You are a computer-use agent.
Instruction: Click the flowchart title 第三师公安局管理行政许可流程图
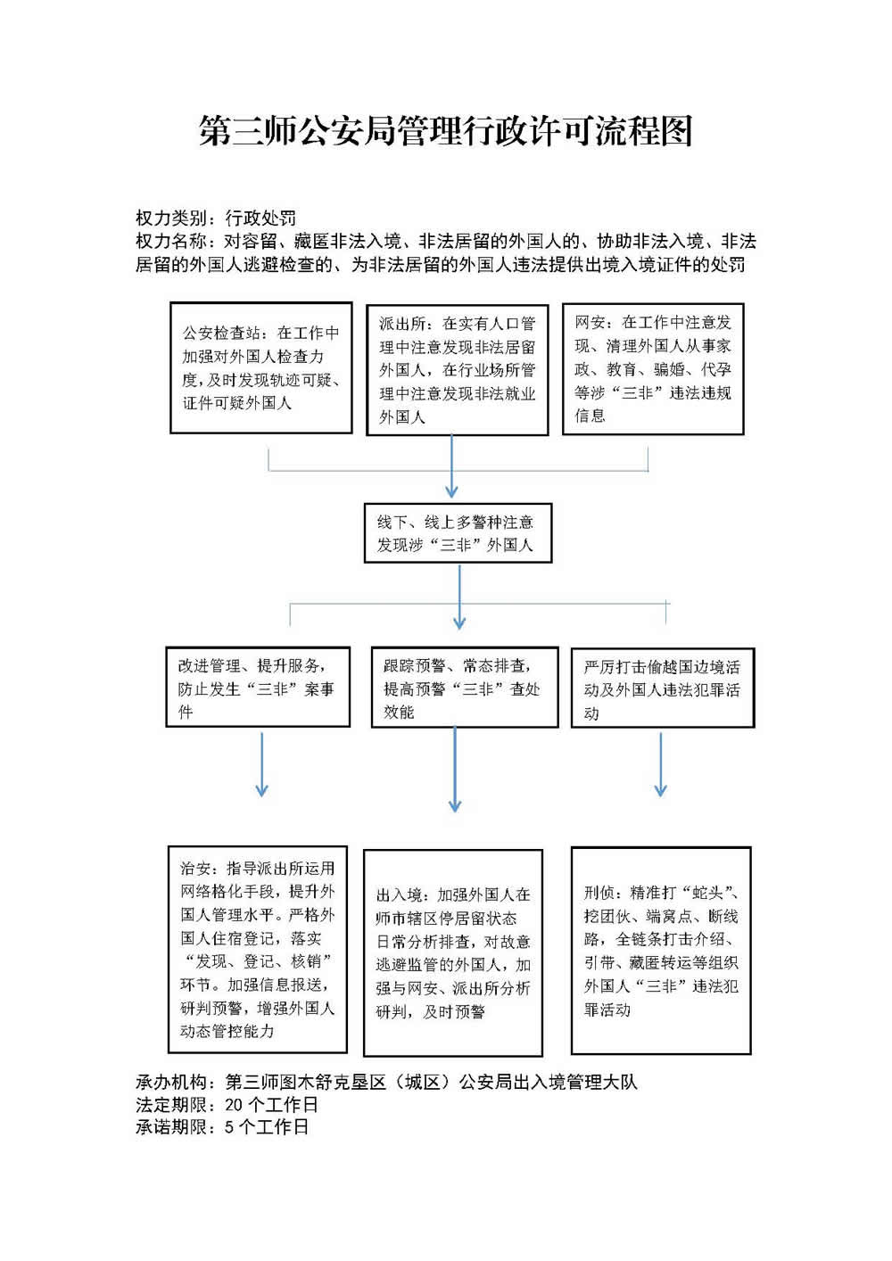click(x=445, y=131)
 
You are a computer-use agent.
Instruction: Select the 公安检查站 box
click(x=260, y=367)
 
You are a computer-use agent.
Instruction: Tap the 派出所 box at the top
click(x=457, y=369)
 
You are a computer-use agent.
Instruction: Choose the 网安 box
click(x=652, y=368)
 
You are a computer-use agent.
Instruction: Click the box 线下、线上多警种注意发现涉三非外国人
click(x=458, y=533)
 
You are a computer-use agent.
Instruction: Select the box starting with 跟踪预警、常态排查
click(x=464, y=688)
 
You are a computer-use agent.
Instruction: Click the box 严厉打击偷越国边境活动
click(x=662, y=688)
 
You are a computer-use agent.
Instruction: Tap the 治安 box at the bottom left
click(x=257, y=949)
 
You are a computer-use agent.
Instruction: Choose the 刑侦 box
click(x=661, y=951)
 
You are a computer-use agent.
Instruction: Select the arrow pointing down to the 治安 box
click(x=261, y=764)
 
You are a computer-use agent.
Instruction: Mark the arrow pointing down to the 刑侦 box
click(x=660, y=764)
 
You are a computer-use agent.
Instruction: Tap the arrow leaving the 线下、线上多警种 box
click(x=459, y=597)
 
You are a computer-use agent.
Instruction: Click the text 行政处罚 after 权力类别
click(x=260, y=218)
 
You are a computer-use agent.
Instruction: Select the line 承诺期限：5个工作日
click(x=222, y=1127)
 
